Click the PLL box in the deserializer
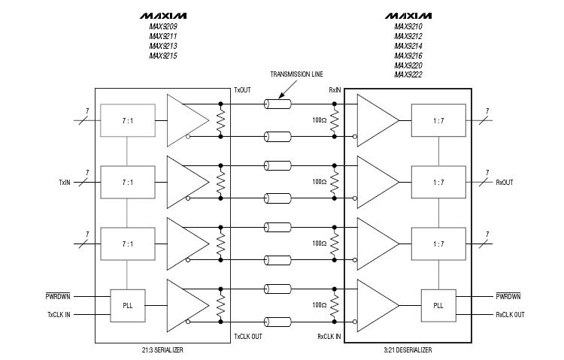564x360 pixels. [438, 305]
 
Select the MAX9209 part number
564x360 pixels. [163, 26]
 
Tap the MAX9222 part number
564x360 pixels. [408, 75]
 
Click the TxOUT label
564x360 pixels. [244, 89]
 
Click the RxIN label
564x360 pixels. [335, 89]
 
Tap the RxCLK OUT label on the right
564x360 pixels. [510, 314]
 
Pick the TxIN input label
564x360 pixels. [66, 182]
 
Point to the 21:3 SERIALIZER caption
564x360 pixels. [162, 350]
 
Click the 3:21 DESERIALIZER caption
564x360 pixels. [406, 350]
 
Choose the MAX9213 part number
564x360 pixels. [163, 46]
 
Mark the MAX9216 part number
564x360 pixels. [408, 56]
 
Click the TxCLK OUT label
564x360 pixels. [249, 336]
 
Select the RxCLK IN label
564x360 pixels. [329, 336]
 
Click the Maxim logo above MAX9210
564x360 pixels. [408, 15]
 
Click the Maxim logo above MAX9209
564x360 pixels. [163, 15]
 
